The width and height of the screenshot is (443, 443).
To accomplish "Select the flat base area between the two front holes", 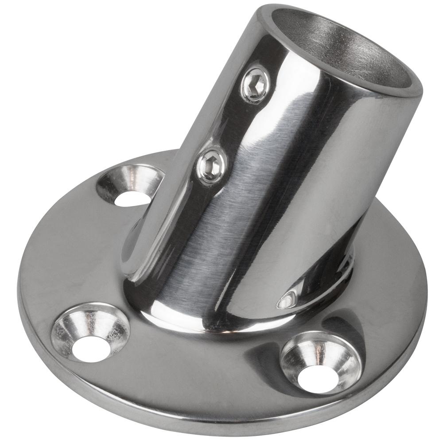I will coord(199,363).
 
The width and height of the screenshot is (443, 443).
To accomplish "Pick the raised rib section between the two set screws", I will coord(230,124).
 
